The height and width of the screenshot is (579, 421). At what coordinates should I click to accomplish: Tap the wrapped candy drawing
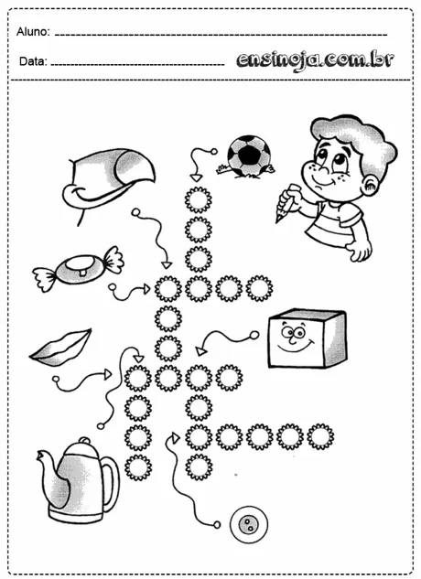click(78, 268)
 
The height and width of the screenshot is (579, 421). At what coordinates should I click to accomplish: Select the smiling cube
click(306, 338)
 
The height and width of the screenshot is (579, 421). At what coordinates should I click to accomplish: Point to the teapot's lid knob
click(81, 442)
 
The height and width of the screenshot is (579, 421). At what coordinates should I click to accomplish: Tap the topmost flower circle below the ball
click(198, 198)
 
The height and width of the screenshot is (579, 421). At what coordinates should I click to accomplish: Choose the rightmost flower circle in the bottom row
click(319, 436)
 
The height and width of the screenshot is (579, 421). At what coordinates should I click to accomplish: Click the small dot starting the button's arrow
click(218, 525)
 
